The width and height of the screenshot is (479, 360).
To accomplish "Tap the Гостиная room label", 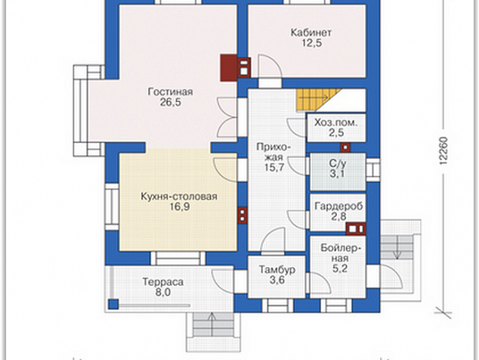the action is point(170,92).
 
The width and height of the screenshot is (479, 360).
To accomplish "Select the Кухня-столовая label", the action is point(179,197).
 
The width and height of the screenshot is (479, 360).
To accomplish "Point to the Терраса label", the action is point(163,281).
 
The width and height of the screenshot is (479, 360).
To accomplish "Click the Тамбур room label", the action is point(277,269).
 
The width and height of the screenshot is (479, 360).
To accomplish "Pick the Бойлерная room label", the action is point(341,253).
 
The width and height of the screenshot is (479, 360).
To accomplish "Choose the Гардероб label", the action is point(338,206).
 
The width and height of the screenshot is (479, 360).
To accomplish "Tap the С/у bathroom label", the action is point(338,163).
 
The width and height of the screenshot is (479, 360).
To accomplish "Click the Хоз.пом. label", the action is point(336,123).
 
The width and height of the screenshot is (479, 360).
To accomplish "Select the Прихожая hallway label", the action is point(273,152).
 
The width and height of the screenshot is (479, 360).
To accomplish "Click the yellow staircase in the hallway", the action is point(318,101).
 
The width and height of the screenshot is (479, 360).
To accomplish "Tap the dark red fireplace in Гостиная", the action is point(228,68).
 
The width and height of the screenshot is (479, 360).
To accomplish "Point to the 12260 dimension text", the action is point(443,151).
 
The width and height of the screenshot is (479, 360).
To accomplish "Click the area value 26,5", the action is point(171,102).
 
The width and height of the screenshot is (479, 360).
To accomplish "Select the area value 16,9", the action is point(180,206).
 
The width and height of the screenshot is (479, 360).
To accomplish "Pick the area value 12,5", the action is point(312,43).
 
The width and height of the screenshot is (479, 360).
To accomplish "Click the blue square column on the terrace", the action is point(113,304).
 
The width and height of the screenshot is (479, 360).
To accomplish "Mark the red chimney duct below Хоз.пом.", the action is point(345,147).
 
